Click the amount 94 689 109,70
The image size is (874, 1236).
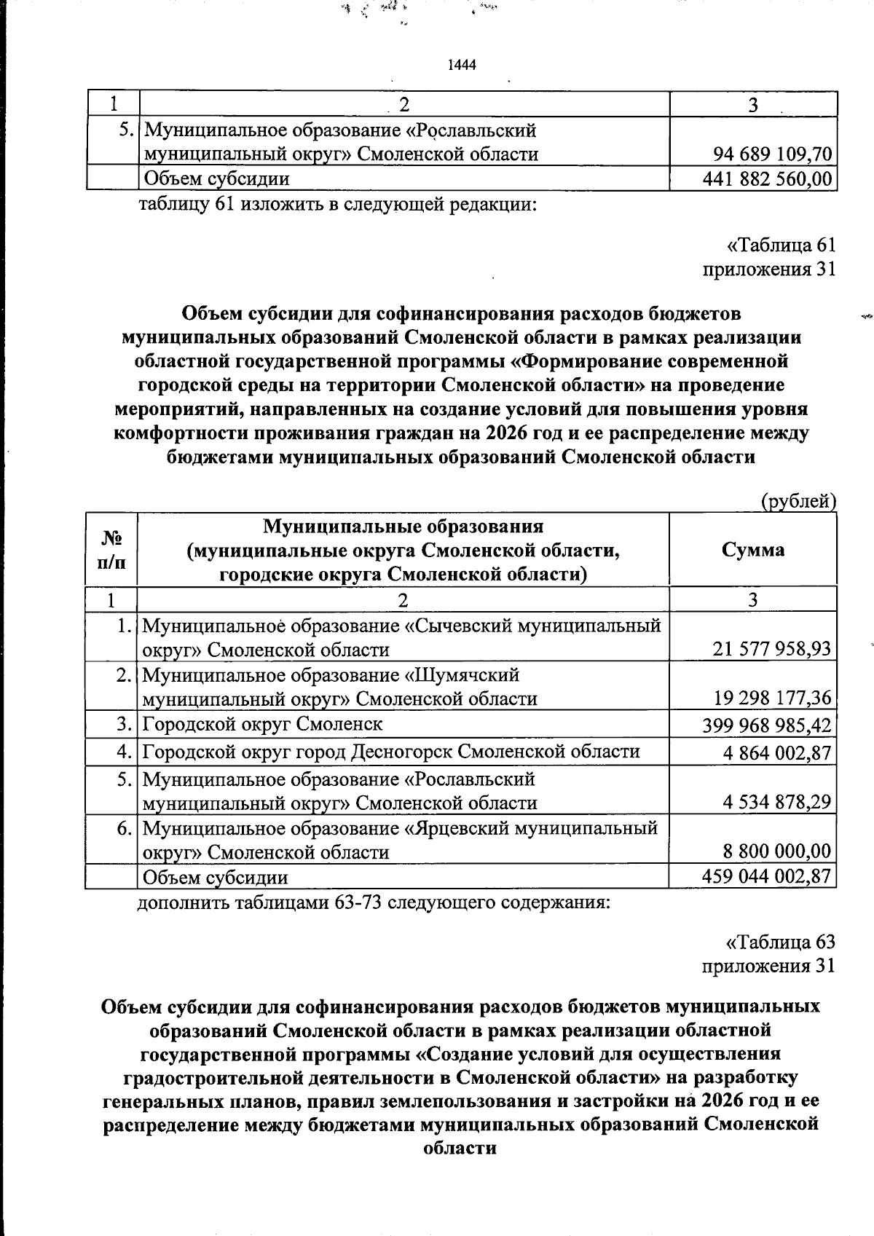coord(772,154)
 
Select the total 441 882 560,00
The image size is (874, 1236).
coord(767,178)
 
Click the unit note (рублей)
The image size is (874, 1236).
coord(797,502)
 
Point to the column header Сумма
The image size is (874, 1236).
coord(752,549)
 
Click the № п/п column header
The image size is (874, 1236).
coord(111,549)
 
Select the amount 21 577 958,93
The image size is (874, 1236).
coord(772,649)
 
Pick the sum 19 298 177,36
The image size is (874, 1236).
coord(772,698)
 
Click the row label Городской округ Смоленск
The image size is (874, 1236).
coord(262,724)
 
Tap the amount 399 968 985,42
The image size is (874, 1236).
coord(766,725)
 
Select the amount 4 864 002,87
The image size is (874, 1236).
coord(777,752)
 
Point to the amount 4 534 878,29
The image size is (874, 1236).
coord(777,803)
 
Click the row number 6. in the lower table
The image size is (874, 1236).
coord(125,828)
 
